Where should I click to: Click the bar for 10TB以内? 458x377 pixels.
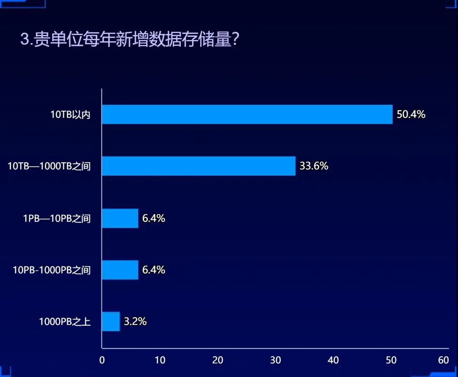(247, 114)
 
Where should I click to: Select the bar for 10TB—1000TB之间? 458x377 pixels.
(198, 166)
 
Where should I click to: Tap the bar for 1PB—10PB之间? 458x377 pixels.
(120, 218)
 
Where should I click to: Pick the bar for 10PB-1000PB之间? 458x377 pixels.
(120, 270)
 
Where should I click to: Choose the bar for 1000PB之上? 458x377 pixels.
(111, 322)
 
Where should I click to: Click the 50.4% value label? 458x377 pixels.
(411, 114)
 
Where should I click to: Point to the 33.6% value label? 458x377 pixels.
(314, 166)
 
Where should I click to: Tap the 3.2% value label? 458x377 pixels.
(135, 322)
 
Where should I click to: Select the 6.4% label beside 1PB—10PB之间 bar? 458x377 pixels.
(153, 218)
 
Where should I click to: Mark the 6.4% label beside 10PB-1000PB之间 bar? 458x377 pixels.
(153, 270)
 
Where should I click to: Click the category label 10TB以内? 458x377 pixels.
(70, 115)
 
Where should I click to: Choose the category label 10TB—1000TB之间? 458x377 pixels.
(49, 166)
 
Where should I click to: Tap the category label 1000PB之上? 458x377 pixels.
(64, 322)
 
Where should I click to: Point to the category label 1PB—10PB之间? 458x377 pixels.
(57, 219)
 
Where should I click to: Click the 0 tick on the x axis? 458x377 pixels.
(102, 360)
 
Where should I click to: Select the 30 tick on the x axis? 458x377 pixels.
(276, 360)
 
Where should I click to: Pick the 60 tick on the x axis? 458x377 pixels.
(443, 360)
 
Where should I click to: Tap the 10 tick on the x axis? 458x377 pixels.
(160, 360)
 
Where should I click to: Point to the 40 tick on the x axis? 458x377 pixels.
(333, 360)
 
